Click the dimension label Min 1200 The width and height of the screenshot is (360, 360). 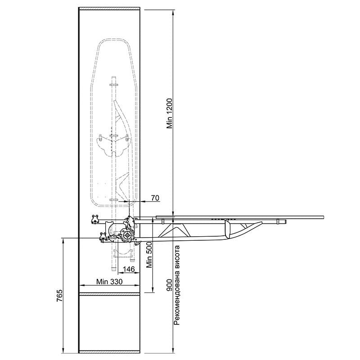[x=170, y=113]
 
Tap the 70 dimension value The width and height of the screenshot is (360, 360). [x=155, y=198]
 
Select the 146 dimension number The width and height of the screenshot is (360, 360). [x=129, y=269]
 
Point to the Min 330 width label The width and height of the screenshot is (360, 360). [x=109, y=282]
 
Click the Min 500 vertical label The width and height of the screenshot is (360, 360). [x=149, y=255]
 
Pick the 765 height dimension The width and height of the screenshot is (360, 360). [x=59, y=296]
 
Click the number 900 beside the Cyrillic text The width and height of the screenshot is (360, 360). [x=170, y=285]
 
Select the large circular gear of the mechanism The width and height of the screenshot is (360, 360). [x=126, y=235]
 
